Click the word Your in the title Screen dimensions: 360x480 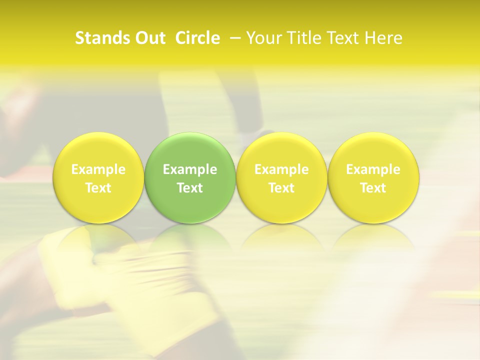(263, 38)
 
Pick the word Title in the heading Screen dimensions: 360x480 (303, 38)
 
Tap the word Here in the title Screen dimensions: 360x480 (385, 38)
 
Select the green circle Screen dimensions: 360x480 (190, 177)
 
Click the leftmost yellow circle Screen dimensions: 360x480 (98, 177)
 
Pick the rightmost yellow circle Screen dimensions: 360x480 (373, 177)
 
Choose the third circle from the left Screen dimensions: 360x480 (281, 177)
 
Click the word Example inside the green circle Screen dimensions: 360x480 (190, 169)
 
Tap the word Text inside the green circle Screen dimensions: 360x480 (190, 188)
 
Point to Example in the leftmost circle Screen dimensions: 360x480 (98, 169)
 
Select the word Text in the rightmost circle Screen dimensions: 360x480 (373, 188)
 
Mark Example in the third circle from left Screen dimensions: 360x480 (281, 169)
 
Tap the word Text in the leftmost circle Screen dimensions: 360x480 (98, 188)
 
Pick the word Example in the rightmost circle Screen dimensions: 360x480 (373, 169)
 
